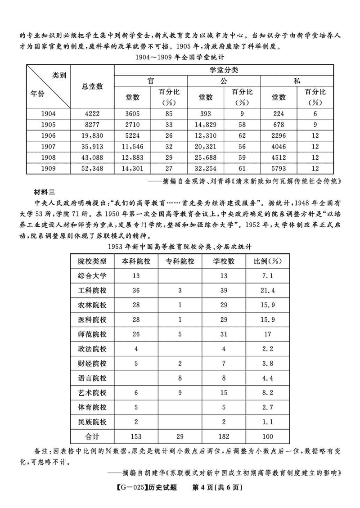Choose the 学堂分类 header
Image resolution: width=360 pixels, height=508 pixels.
point(224,70)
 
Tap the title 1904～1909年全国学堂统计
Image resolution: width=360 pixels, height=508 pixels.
point(180,57)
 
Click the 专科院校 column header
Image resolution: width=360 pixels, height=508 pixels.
point(180,261)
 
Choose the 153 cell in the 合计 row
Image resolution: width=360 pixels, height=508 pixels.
point(136,436)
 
